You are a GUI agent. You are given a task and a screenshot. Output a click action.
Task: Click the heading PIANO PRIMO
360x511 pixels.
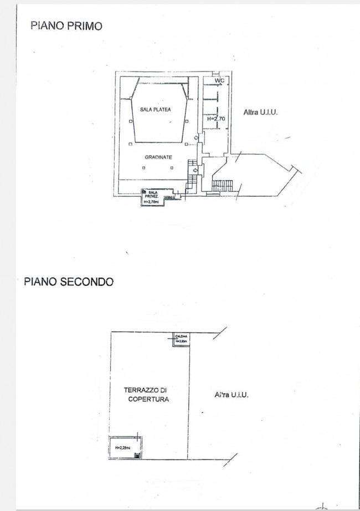[x=66, y=25]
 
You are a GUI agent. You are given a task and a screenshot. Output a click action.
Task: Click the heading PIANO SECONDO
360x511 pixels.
[x=69, y=282]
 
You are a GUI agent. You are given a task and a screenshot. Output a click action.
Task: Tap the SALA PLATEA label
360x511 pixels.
[x=155, y=110]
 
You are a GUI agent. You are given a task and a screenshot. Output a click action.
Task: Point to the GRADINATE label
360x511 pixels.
[x=158, y=157]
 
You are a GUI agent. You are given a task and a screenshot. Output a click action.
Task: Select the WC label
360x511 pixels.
[x=219, y=81]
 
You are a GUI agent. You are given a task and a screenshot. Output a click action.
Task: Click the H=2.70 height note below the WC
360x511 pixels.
[x=215, y=119]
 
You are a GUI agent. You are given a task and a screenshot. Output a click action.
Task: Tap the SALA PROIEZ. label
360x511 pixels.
[x=153, y=195]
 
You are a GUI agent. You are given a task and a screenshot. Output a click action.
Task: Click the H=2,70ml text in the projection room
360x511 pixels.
[x=151, y=202]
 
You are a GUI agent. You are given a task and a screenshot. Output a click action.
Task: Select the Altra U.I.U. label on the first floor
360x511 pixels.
[x=260, y=112]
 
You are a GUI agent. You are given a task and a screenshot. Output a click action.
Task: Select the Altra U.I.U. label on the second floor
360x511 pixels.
[x=231, y=395]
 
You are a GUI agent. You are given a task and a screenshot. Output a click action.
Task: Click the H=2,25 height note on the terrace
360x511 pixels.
[x=122, y=448]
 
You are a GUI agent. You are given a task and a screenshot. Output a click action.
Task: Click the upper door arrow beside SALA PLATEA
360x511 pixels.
[x=196, y=139]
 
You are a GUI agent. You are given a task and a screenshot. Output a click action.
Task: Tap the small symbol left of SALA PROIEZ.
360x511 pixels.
[x=144, y=192]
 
